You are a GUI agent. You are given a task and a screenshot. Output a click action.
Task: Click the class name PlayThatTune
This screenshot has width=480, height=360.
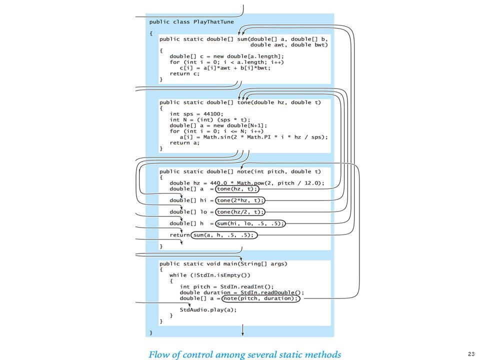pos(213,22)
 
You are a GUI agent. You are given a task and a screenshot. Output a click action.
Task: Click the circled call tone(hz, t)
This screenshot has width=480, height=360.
pos(237,189)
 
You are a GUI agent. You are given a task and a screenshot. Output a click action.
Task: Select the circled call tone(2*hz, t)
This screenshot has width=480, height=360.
pos(240,200)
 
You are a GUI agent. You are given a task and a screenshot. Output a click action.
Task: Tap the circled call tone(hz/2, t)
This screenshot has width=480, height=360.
pos(240,212)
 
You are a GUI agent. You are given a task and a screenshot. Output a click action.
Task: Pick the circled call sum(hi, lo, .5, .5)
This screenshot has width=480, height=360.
pos(250,223)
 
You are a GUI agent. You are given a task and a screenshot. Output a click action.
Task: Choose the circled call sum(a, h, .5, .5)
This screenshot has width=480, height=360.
pos(224,235)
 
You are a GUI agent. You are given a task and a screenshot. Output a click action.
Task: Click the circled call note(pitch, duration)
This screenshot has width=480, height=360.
pos(261,298)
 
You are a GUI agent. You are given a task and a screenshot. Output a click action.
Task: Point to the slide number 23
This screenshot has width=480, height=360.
pos(471,354)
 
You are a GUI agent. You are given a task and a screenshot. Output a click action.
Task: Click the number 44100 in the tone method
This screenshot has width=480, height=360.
pos(212,114)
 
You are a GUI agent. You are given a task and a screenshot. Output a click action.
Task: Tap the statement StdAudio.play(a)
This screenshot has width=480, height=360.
pos(208,310)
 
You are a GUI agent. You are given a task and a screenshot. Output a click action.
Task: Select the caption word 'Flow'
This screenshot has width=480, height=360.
pos(159,354)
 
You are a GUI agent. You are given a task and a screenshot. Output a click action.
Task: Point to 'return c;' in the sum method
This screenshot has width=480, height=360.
pos(184,74)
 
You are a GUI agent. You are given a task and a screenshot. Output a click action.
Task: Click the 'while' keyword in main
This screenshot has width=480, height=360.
pos(178,275)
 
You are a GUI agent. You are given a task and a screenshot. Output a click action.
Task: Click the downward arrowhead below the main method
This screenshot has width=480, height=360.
pos(243,333)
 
